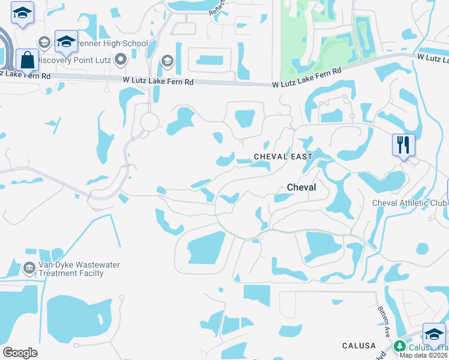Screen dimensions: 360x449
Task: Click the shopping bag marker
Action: click(x=27, y=60)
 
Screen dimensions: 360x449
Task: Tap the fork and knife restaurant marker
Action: click(x=403, y=145)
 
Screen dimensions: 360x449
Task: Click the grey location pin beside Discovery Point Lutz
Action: click(x=121, y=59)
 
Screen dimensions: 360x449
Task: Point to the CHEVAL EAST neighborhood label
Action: click(x=283, y=157)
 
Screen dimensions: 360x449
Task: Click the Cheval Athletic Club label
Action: click(x=409, y=203)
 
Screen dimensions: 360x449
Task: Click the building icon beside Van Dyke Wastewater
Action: click(x=28, y=268)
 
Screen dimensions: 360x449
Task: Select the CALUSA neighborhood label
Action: click(x=359, y=346)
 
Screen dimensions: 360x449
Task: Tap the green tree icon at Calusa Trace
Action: click(x=399, y=346)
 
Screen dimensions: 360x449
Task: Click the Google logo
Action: click(x=20, y=353)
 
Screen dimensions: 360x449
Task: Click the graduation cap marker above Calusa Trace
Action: click(x=434, y=334)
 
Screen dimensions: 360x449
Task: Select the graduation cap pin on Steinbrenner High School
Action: click(x=66, y=41)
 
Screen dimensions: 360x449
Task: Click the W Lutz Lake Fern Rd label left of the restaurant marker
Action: click(x=306, y=78)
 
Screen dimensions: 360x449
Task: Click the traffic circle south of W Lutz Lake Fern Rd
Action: click(x=148, y=122)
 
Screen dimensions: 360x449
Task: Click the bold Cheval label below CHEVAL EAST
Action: click(x=301, y=187)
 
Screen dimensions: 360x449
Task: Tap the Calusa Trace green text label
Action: click(x=428, y=347)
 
